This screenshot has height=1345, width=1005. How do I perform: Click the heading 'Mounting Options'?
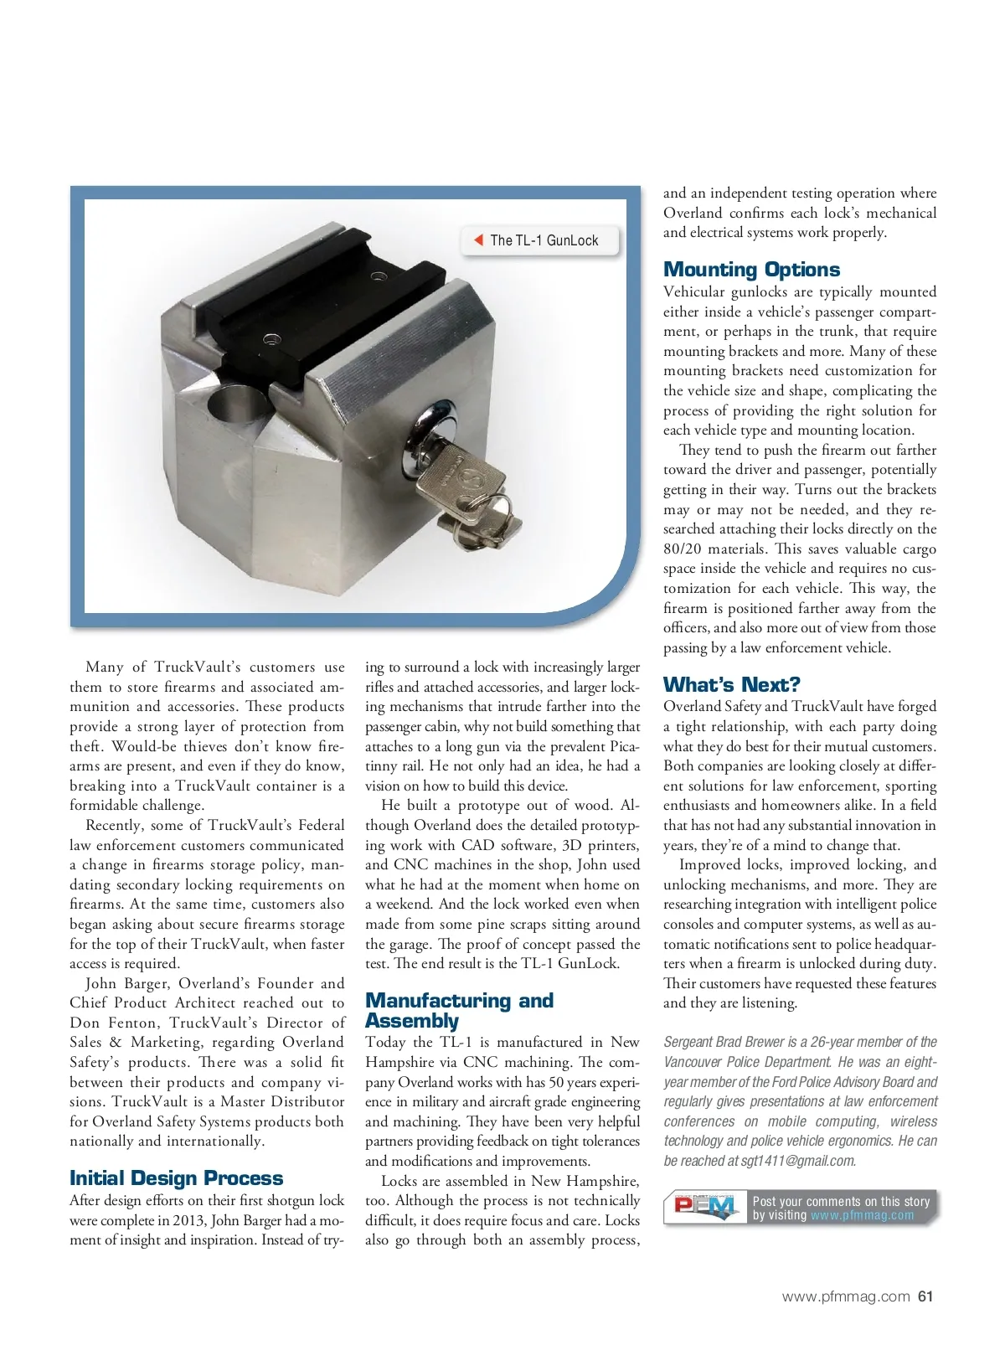[751, 270]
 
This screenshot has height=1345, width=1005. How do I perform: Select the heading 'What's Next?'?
[731, 684]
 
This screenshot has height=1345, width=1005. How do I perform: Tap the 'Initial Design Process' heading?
[176, 1178]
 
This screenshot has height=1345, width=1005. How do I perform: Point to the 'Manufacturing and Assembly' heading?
[459, 1011]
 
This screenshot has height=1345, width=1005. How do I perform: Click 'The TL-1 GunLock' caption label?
[544, 240]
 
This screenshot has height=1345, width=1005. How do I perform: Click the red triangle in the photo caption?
[478, 240]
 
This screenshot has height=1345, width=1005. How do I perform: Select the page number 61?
[925, 1296]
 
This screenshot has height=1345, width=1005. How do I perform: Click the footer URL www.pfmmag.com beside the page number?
[845, 1296]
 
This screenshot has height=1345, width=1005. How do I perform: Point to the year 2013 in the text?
[188, 1220]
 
